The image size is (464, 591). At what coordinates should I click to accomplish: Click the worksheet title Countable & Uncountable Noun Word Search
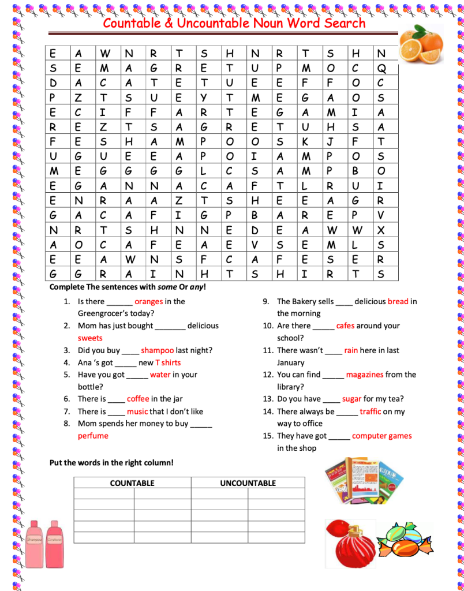point(234,23)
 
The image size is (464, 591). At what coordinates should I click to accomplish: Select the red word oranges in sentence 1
point(148,301)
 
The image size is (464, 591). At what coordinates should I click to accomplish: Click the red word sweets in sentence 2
point(90,338)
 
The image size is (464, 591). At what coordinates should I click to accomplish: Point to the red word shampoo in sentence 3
point(157,350)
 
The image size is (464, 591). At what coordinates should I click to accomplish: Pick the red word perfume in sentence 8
point(93,436)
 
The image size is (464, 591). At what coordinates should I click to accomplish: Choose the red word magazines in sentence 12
point(364,375)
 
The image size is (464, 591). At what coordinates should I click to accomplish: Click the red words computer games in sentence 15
point(381,436)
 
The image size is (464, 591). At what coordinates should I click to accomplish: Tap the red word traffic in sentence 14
point(370,412)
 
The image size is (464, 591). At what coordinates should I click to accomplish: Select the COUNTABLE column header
point(132,483)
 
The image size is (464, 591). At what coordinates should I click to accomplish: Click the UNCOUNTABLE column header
point(248,483)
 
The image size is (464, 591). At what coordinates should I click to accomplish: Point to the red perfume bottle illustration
point(349,544)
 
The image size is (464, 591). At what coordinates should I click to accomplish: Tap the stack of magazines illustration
point(364,481)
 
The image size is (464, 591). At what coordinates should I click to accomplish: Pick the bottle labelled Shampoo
point(35,543)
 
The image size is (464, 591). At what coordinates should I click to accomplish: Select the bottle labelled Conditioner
point(55,543)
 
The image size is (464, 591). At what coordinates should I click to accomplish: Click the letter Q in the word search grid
point(380,69)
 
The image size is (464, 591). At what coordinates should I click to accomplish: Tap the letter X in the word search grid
point(380,230)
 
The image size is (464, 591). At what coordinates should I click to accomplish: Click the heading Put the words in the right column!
point(111,462)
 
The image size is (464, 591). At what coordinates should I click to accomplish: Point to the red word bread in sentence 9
point(398,301)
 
